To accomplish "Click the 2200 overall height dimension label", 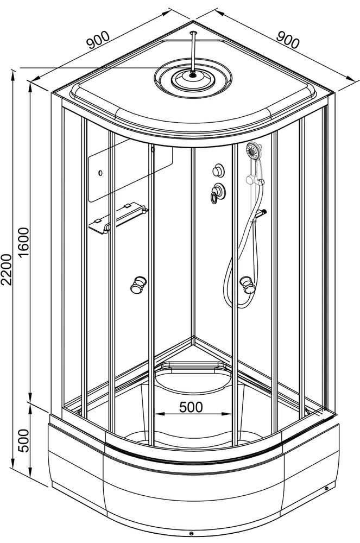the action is pyautogui.click(x=7, y=269).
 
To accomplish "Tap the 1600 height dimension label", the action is pyautogui.click(x=24, y=242).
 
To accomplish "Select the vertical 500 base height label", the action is pyautogui.click(x=24, y=440).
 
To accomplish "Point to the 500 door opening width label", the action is pyautogui.click(x=191, y=407).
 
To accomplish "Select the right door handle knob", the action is pyautogui.click(x=247, y=283).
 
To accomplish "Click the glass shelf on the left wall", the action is pyautogui.click(x=118, y=218).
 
